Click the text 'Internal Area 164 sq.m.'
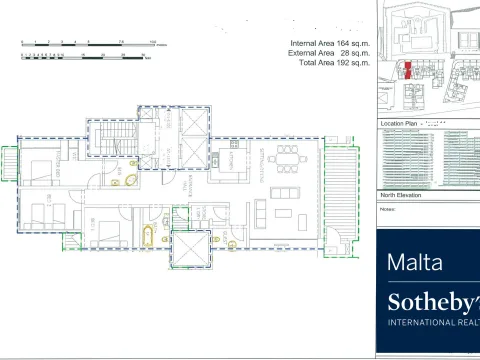tap(328, 44)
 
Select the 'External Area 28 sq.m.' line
tap(328, 53)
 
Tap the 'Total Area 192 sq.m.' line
tap(328, 62)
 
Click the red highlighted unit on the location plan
tap(408, 69)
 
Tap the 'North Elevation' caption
tap(401, 195)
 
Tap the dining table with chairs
tap(289, 157)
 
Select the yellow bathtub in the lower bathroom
tap(148, 238)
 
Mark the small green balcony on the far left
tap(9, 165)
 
